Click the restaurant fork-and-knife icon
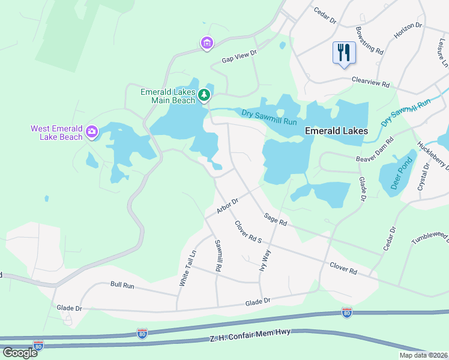[344, 52]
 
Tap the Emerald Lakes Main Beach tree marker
[204, 94]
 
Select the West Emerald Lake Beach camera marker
[91, 131]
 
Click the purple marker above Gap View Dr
[206, 43]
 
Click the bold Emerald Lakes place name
[336, 131]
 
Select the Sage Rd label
[276, 220]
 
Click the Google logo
[20, 352]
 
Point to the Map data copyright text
[423, 355]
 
